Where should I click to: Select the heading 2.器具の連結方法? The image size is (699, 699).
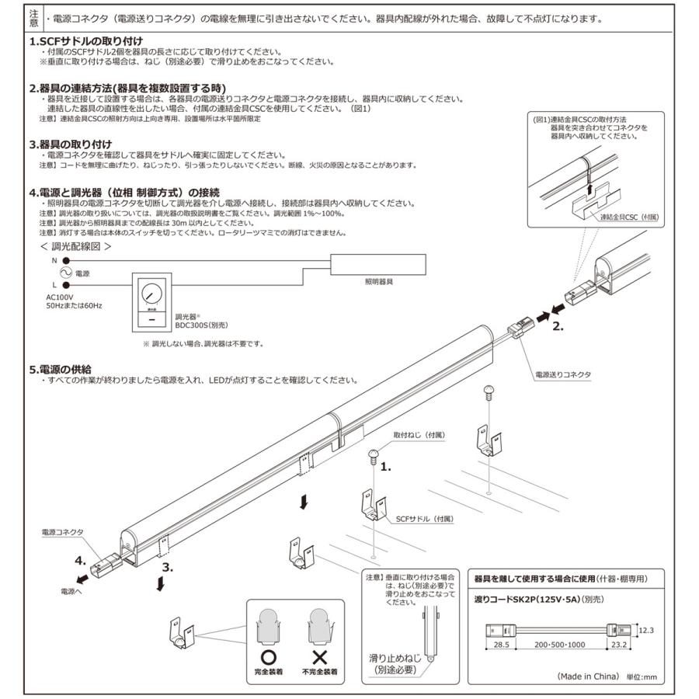coord(127,89)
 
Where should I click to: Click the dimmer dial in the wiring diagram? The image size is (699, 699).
coord(151,294)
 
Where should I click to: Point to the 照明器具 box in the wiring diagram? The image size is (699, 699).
coord(380,264)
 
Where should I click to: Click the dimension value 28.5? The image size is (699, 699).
coord(499,645)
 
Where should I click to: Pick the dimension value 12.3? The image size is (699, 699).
coord(648,630)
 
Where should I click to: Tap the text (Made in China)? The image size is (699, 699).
coord(588,676)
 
